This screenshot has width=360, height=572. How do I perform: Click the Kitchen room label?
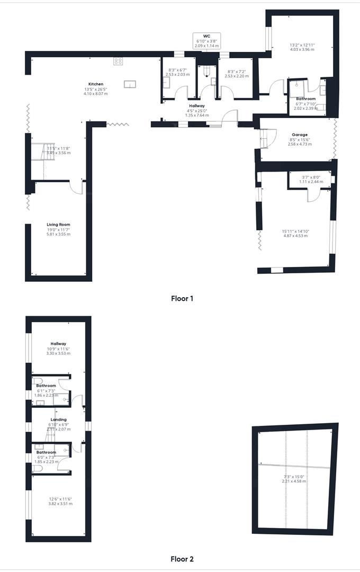coord(96,84)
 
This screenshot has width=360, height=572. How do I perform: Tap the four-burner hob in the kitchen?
coord(118,61)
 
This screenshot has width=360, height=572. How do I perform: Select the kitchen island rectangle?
coord(130,84)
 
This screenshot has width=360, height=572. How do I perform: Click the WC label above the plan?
coord(206,36)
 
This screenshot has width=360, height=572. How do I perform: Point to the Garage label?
coord(300,135)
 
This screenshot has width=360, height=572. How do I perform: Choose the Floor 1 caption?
coord(182,298)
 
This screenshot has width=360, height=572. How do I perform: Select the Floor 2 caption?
coord(182,559)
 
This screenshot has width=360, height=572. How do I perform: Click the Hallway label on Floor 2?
coord(59,343)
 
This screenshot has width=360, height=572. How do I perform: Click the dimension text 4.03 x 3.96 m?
coord(302,49)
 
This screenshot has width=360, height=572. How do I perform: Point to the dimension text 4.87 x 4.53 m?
coord(295,236)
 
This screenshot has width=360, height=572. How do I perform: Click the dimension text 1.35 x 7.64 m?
coord(197,115)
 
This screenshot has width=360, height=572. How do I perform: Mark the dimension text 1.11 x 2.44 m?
coord(311,182)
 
